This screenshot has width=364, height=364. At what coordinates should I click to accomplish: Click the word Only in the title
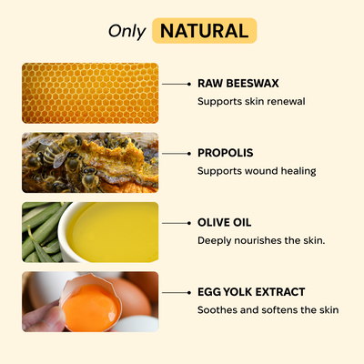pos(126,31)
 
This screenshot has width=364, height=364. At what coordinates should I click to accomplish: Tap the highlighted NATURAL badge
pos(204,30)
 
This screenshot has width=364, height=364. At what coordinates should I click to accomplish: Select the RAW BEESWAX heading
pos(238,83)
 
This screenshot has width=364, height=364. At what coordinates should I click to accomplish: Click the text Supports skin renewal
pos(251,101)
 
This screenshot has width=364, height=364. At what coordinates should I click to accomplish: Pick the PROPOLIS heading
pos(226,153)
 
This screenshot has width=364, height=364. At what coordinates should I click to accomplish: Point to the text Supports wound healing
pos(257,171)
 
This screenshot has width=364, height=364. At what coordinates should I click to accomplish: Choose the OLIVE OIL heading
pos(225,222)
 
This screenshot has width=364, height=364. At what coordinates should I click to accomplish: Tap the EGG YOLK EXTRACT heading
pos(251,292)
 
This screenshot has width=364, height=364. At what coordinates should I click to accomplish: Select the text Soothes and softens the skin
pos(268,310)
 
